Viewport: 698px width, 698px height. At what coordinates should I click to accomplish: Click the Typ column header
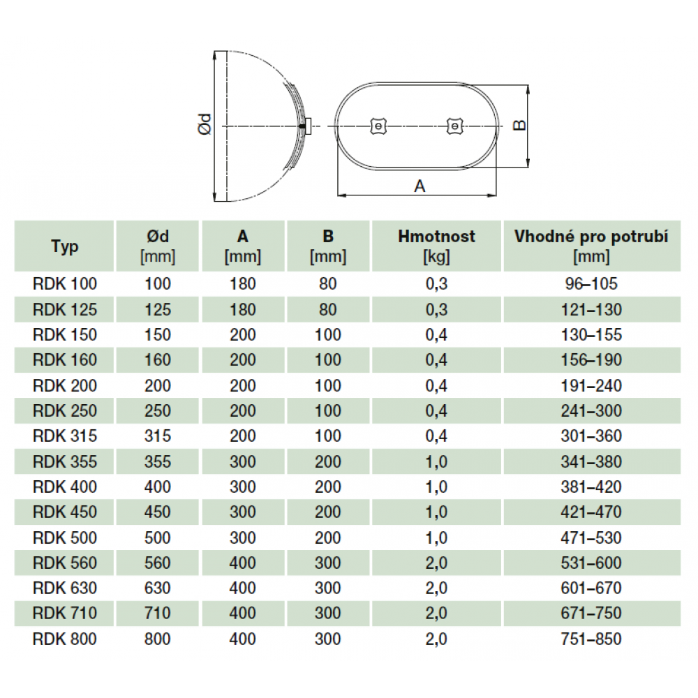[x=64, y=246]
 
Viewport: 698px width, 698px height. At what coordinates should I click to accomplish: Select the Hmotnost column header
[x=436, y=246]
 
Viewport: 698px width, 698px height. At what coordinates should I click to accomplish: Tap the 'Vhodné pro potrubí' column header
[x=591, y=246]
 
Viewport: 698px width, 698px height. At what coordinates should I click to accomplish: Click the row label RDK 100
[x=64, y=284]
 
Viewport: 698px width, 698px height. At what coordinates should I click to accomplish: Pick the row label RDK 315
[x=64, y=436]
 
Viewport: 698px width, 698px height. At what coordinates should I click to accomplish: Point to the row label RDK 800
[x=64, y=639]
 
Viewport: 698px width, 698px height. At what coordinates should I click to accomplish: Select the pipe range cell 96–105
[x=591, y=284]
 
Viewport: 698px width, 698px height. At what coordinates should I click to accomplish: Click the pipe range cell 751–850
[x=591, y=639]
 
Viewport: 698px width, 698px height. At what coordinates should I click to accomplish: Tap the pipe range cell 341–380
[x=591, y=461]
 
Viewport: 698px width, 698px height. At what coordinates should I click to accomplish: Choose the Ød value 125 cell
[x=158, y=309]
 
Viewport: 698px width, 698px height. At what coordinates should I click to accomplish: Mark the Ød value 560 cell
[x=158, y=563]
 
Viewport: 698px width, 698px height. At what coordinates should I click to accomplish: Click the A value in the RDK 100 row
[x=243, y=284]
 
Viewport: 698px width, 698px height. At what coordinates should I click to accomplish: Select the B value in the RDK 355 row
[x=328, y=461]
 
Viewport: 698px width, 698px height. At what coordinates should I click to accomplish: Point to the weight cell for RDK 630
[x=436, y=588]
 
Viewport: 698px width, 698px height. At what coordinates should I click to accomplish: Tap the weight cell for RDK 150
[x=436, y=335]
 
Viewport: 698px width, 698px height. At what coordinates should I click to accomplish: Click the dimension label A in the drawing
[x=419, y=186]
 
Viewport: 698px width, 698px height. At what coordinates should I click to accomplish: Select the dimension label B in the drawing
[x=519, y=125]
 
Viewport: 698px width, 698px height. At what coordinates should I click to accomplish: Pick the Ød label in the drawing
[x=205, y=124]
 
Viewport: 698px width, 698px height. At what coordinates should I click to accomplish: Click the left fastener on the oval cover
[x=378, y=126]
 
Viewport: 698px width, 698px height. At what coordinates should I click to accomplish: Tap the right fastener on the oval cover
[x=455, y=126]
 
